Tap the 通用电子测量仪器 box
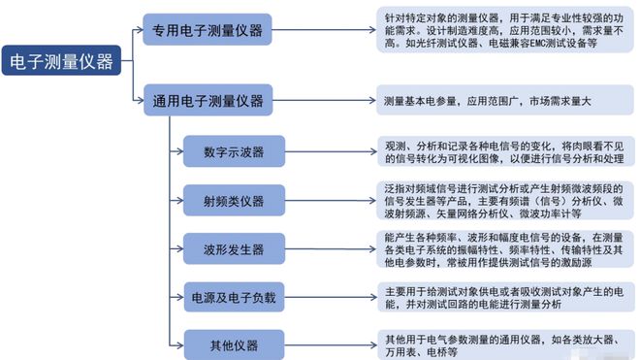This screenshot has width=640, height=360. (208, 99)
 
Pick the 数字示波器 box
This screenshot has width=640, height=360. (235, 151)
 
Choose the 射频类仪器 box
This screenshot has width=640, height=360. (235, 200)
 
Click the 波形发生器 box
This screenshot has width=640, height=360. (235, 246)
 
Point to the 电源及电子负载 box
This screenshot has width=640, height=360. (235, 296)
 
